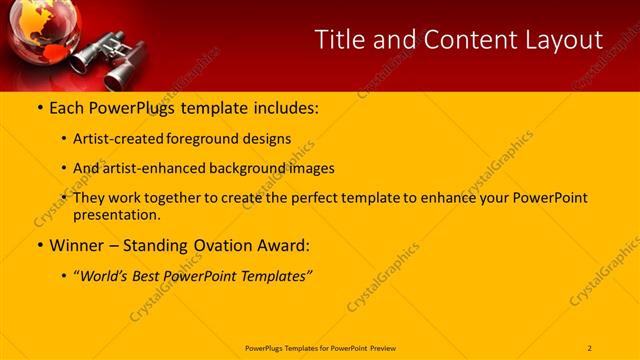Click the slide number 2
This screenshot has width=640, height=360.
point(589,348)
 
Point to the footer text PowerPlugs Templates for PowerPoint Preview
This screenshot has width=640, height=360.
point(320,348)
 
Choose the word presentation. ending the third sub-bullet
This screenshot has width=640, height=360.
point(117,214)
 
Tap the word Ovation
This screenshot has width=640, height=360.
point(226,245)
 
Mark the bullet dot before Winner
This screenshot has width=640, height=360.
point(40,245)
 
